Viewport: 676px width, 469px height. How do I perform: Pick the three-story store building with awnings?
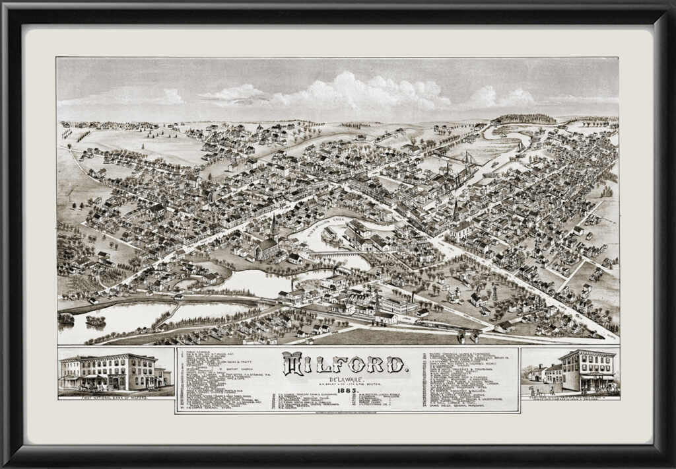pos(586,370)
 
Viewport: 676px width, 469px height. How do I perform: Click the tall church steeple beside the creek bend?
pos(274,228)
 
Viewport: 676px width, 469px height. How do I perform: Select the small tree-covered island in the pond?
pos(96,320)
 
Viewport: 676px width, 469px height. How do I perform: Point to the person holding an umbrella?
pos(551,390)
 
